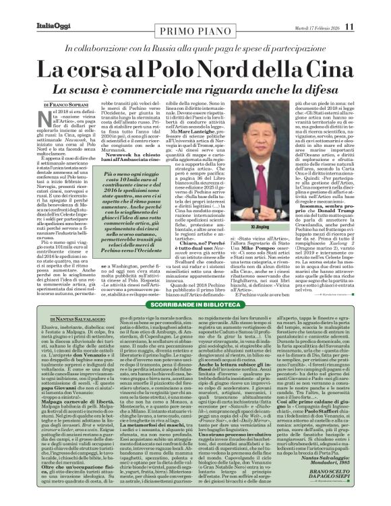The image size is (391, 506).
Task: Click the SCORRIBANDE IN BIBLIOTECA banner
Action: pos(195,286)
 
